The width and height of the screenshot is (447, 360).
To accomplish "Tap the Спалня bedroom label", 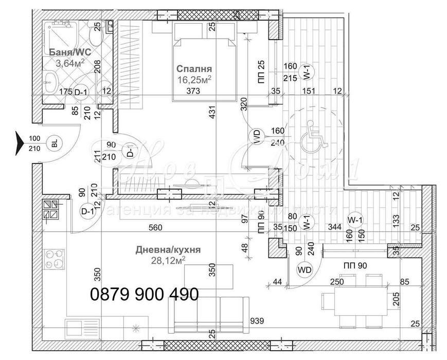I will coord(194,68).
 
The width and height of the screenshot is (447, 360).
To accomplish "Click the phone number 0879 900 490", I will coord(145,295).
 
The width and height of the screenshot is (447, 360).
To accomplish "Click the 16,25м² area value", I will coord(194,79).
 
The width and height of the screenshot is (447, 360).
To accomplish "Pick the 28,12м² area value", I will coord(168,261).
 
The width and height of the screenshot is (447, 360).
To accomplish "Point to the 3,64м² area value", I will coord(70,63).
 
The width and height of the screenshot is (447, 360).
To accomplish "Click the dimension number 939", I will coord(257,321).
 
